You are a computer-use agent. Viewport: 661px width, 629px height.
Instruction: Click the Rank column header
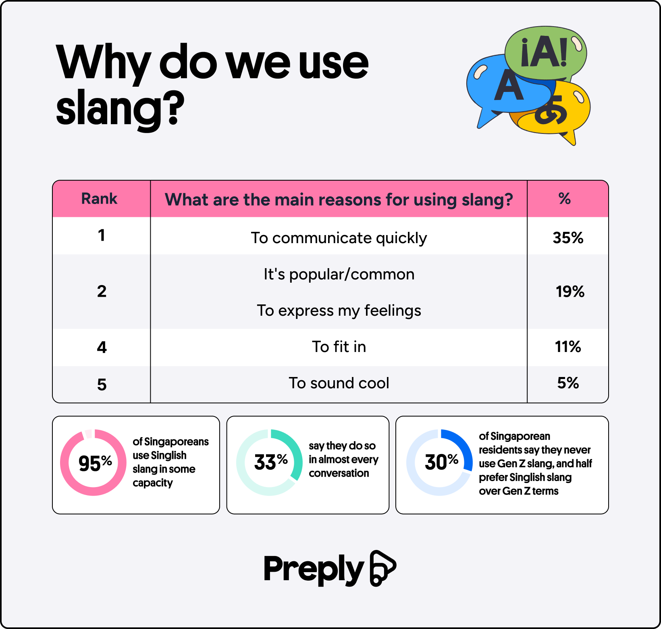click(99, 199)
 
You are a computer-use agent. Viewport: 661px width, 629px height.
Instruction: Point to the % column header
click(565, 199)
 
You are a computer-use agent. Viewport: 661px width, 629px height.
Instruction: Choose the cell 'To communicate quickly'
click(339, 238)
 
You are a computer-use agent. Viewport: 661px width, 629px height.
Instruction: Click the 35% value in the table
click(568, 238)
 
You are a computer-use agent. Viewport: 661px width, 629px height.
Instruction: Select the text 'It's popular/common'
click(339, 275)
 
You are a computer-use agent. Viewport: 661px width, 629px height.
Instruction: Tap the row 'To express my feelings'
click(339, 311)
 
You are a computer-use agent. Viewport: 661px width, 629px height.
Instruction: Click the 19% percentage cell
click(570, 292)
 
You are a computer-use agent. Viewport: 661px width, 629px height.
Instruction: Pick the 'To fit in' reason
click(339, 347)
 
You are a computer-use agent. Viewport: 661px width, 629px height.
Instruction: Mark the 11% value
click(568, 347)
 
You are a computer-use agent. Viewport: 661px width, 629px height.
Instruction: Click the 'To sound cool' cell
click(339, 383)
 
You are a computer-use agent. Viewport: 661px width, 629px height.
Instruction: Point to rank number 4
click(102, 347)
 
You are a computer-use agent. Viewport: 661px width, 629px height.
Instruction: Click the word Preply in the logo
click(314, 569)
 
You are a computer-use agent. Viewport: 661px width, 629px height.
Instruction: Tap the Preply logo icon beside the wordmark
click(382, 568)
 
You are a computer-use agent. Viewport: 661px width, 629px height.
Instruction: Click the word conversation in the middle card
click(339, 473)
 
